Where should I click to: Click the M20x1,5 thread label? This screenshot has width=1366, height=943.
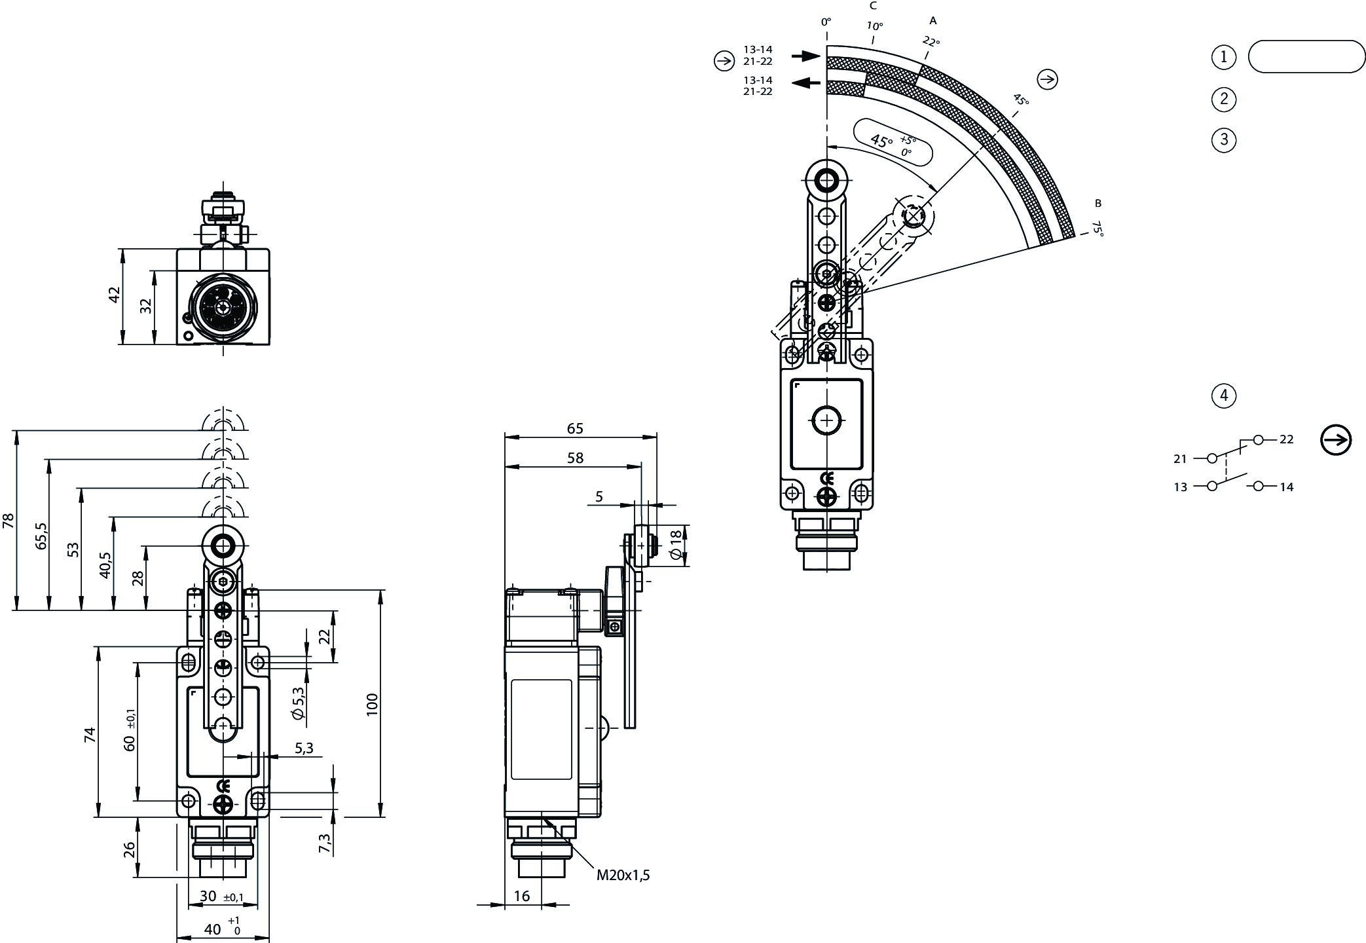[x=622, y=876]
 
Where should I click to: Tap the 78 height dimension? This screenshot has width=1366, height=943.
[x=9, y=521]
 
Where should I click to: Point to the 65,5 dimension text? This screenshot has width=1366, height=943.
[x=42, y=535]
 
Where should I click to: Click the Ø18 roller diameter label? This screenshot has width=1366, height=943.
[x=676, y=544]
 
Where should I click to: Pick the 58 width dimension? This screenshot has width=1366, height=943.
[x=575, y=458]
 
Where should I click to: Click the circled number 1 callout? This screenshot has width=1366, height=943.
[x=1223, y=57]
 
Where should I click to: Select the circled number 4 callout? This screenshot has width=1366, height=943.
[x=1223, y=396]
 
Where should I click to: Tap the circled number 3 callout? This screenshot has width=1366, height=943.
[x=1223, y=140]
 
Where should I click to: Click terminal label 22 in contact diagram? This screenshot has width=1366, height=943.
[x=1286, y=439]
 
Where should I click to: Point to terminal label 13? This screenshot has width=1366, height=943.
[x=1180, y=487]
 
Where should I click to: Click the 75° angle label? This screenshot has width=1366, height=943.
[x=1098, y=228]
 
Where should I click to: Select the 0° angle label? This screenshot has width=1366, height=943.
[x=826, y=22]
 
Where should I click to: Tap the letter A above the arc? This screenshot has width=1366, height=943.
[x=933, y=21]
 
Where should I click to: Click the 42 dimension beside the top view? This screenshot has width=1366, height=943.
[x=115, y=295]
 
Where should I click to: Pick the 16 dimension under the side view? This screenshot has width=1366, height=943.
[x=522, y=896]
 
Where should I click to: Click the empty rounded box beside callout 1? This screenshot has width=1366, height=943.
[x=1306, y=57]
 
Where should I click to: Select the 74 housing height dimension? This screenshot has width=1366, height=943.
[x=90, y=735]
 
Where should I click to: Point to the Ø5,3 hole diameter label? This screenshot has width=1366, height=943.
[x=299, y=704]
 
